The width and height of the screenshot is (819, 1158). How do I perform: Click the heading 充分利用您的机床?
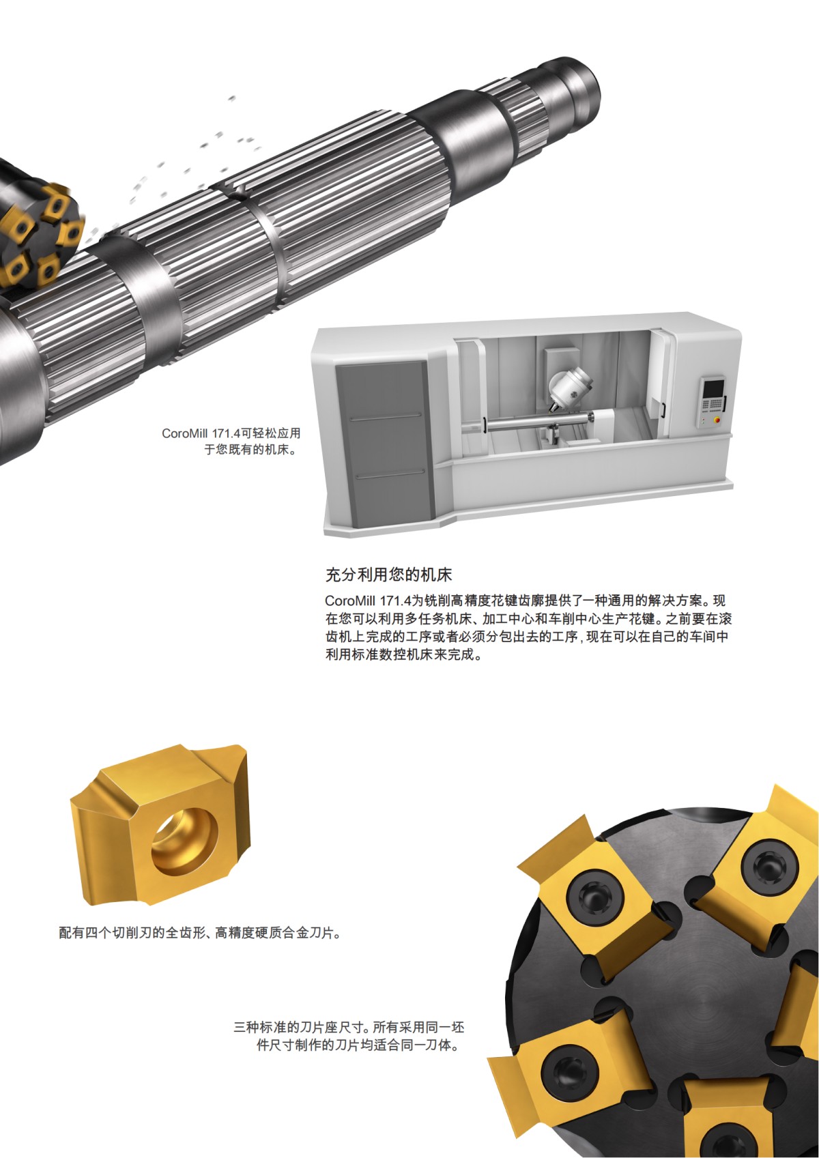click(388, 575)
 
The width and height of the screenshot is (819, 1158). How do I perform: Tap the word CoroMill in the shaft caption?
click(185, 433)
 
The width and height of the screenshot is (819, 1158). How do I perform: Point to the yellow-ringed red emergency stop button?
click(715, 420)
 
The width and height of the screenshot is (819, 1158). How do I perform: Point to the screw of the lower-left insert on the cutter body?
click(567, 1071)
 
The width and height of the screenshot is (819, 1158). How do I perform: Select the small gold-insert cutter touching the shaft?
click(38, 235)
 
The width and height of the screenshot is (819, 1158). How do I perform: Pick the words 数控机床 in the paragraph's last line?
click(407, 655)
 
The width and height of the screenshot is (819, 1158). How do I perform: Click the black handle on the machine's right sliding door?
click(662, 409)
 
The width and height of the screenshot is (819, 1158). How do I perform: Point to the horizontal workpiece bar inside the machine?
click(532, 422)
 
